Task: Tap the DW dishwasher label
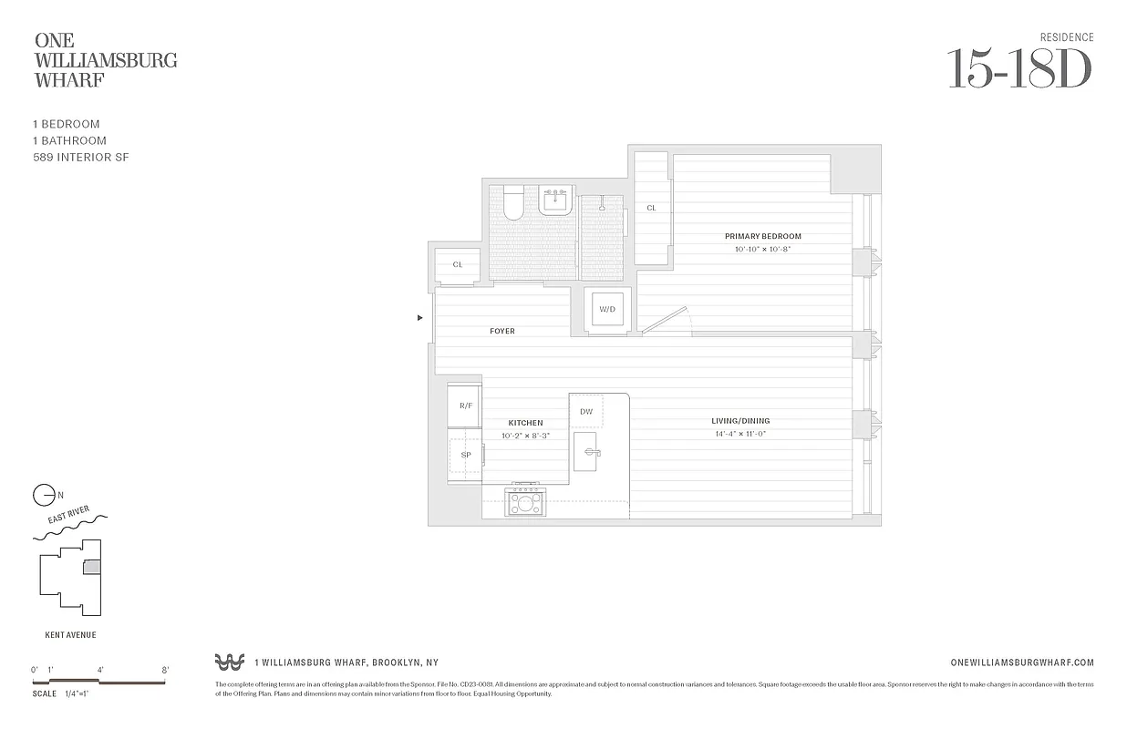point(586,412)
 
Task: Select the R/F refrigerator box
point(465,406)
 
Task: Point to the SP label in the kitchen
point(465,455)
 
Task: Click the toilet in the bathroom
point(512,204)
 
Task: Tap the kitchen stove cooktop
point(525,501)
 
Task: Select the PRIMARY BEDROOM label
point(762,237)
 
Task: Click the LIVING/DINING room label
point(740,421)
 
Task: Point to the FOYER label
point(502,331)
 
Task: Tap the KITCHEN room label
point(525,423)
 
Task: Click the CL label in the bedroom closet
point(652,209)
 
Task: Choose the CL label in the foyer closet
point(458,265)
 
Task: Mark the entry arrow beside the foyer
point(419,318)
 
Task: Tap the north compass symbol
point(44,496)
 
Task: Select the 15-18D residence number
point(1018,68)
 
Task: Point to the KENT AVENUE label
point(70,635)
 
